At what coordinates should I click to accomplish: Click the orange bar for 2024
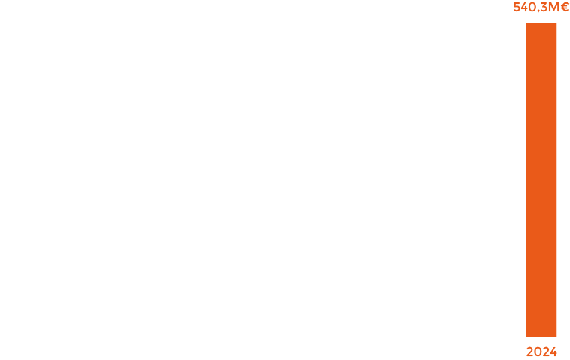coord(541,180)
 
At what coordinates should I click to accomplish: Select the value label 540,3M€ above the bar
coord(541,8)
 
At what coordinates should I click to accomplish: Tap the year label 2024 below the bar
coord(541,352)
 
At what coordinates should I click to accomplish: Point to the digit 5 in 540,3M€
coord(517,8)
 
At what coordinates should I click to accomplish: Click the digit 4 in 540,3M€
coord(525,8)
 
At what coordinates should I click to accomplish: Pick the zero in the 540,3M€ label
coord(533,8)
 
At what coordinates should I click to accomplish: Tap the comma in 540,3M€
coord(538,11)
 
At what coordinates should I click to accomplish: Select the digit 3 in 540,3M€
coord(544,8)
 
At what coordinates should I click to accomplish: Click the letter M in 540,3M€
coord(553,8)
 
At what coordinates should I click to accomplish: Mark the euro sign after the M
coord(564,8)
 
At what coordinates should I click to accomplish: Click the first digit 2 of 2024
coord(529,352)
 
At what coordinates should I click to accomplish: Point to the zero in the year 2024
coord(538,352)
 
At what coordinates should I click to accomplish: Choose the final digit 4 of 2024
coord(553,352)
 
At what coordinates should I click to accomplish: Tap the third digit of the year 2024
coord(545,352)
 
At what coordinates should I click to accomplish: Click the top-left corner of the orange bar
coord(527,23)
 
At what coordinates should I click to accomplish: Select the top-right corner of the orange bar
coord(556,23)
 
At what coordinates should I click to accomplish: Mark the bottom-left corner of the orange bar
coord(527,335)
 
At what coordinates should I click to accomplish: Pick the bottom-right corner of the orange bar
coord(556,335)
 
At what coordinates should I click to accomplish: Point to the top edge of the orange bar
coord(541,23)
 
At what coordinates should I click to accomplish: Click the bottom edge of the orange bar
coord(541,335)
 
